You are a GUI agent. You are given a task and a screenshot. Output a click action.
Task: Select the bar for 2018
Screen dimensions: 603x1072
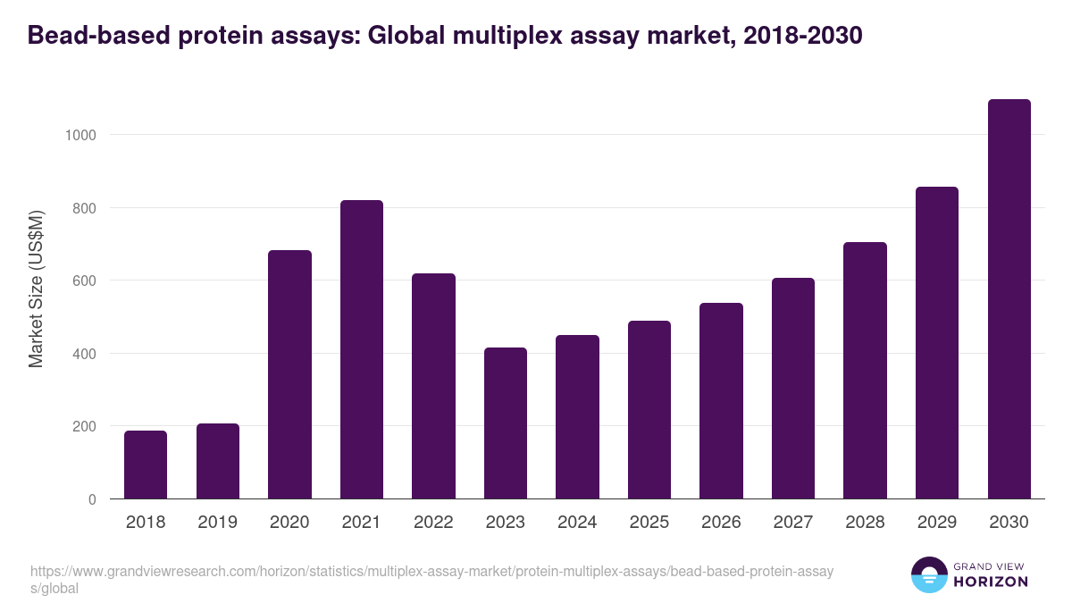pyautogui.click(x=146, y=465)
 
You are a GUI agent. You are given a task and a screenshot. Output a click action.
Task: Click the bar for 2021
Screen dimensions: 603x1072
pyautogui.click(x=362, y=349)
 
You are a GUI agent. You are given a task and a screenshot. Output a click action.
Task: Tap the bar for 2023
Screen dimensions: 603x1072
pyautogui.click(x=506, y=423)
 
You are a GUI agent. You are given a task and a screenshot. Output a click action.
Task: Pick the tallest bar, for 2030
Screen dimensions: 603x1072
pyautogui.click(x=1009, y=298)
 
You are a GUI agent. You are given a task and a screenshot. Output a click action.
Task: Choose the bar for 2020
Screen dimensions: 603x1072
pyautogui.click(x=289, y=374)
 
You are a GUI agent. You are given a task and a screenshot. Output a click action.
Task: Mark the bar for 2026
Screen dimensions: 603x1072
pyautogui.click(x=721, y=400)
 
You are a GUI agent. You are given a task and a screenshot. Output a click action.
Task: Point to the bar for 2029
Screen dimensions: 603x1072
pyautogui.click(x=937, y=342)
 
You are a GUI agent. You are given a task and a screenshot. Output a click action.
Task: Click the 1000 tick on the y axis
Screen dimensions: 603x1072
pyautogui.click(x=80, y=135)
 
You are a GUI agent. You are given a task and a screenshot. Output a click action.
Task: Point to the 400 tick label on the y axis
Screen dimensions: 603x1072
pyautogui.click(x=85, y=354)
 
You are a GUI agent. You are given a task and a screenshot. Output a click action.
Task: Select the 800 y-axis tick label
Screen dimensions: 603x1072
pyautogui.click(x=85, y=208)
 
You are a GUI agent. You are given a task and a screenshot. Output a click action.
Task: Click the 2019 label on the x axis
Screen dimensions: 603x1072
pyautogui.click(x=217, y=523)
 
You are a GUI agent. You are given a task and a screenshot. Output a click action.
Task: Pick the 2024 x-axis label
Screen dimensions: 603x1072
pyautogui.click(x=577, y=523)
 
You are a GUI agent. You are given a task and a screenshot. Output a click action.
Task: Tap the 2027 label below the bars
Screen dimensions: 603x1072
pyautogui.click(x=793, y=523)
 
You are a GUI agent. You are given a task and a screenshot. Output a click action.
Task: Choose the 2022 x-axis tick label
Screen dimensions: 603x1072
pyautogui.click(x=433, y=523)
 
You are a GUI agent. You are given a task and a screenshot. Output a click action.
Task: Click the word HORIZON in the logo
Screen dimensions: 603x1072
pyautogui.click(x=990, y=582)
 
